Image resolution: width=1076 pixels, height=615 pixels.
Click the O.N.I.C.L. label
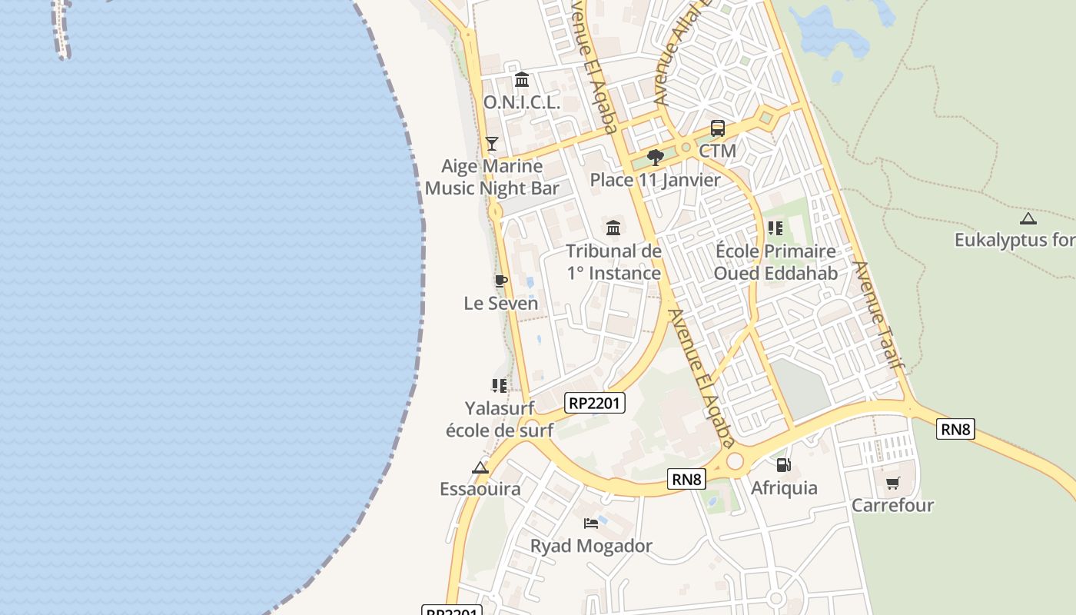521,102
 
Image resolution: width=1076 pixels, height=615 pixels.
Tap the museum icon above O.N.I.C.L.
522,79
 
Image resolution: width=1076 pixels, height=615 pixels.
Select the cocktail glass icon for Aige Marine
492,144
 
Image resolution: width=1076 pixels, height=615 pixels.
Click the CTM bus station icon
717,128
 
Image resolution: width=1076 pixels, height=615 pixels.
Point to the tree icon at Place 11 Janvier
655,158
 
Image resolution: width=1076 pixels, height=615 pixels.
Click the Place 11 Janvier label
655,180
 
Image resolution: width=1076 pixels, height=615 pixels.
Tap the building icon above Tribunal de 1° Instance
613,228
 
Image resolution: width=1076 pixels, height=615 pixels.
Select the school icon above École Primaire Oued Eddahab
775,228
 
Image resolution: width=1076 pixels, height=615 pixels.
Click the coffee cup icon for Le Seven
500,281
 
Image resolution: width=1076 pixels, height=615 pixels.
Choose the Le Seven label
500,303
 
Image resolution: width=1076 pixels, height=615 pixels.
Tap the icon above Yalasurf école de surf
499,385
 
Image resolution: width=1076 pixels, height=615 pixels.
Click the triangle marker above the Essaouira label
480,467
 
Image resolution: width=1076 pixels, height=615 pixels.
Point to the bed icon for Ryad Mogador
590,524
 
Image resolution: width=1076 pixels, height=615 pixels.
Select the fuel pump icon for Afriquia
783,464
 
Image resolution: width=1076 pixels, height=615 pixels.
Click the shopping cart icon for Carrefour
892,483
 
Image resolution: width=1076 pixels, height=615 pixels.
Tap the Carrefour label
892,505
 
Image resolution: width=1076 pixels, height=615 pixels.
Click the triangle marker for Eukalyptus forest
1028,218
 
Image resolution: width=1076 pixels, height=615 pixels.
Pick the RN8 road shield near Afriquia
686,479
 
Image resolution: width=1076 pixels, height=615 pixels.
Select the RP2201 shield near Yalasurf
594,402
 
